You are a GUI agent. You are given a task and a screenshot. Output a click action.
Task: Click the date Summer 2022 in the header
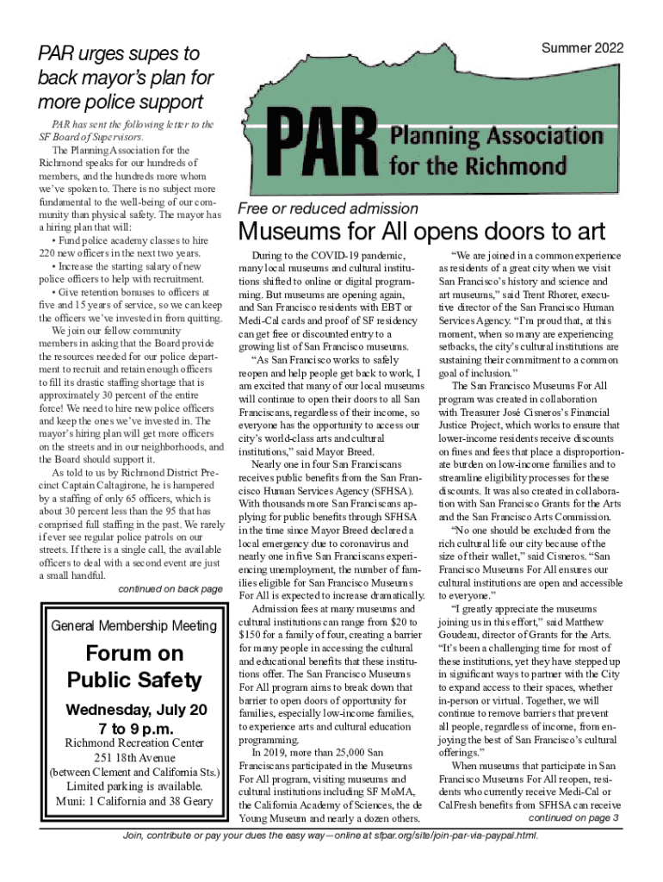point(582,49)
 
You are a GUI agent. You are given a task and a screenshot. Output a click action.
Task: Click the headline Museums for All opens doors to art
point(422,232)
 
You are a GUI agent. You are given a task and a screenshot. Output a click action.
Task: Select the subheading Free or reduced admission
point(328,208)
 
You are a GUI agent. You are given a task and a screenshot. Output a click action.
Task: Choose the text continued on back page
point(170,589)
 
